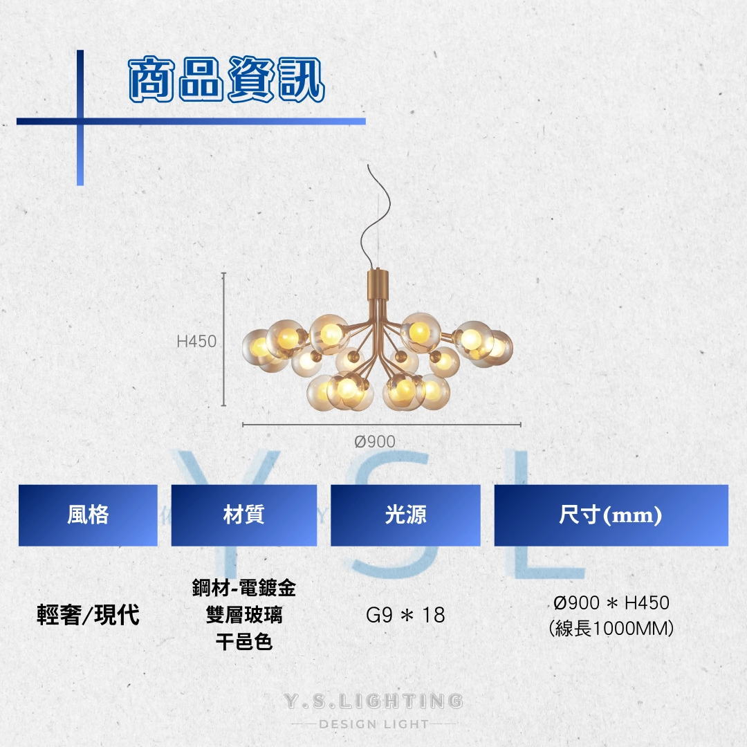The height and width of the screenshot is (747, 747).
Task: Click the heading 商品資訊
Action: point(227,79)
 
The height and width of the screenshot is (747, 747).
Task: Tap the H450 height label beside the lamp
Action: point(196,341)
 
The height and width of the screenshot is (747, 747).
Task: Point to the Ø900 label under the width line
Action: point(375,441)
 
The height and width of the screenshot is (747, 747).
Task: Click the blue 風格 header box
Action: point(88,515)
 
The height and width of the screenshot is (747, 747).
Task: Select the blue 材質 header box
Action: point(244,515)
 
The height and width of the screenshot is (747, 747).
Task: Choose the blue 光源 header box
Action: point(405,515)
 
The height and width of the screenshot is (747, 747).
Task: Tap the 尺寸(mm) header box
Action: point(611,515)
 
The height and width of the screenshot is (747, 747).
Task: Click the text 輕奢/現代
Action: point(88,615)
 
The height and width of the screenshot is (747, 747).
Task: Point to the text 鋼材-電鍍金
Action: point(244,588)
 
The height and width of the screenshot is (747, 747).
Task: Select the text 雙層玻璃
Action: point(244,615)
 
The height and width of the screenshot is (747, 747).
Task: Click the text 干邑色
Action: point(244,642)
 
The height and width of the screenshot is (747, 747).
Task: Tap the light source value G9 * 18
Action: point(405,615)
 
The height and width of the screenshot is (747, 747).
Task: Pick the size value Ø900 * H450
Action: point(611,603)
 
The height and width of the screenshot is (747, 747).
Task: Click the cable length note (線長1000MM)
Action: point(611,628)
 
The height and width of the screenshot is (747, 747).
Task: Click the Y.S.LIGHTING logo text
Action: point(373,701)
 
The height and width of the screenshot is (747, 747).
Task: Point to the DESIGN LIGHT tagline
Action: point(373,724)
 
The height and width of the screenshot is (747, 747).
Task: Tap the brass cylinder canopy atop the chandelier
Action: point(378,284)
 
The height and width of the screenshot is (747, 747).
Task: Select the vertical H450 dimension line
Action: point(223,340)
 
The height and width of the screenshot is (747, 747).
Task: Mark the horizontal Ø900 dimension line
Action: point(382,424)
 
